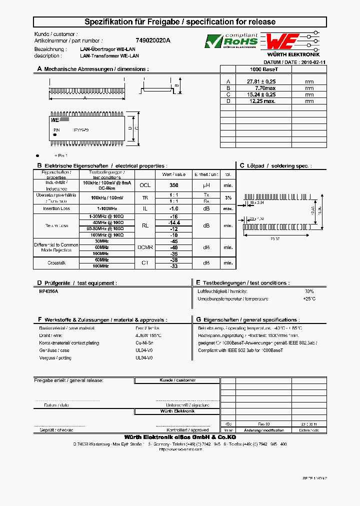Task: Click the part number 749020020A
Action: [x=153, y=40]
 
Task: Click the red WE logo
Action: [x=282, y=41]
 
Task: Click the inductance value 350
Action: [x=174, y=185]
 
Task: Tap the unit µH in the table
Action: [x=206, y=185]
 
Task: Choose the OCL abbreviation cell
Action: [x=145, y=185]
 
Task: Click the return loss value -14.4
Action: [x=174, y=222]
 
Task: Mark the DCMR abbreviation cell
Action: [x=145, y=247]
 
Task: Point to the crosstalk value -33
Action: [x=174, y=266]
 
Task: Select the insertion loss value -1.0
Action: [x=174, y=208]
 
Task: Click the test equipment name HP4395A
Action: [x=49, y=291]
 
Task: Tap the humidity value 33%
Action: [x=309, y=291]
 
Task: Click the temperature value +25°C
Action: [x=309, y=298]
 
